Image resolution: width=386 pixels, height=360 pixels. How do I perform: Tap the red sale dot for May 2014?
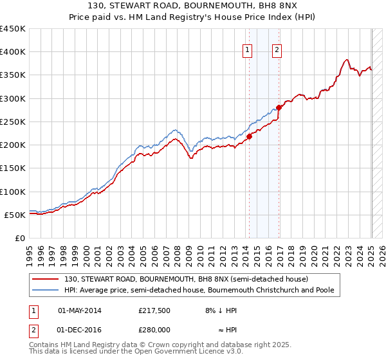coord(249,136)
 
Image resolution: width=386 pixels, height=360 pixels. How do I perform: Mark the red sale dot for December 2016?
coord(279,107)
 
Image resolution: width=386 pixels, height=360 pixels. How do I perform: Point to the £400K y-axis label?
coord(13,52)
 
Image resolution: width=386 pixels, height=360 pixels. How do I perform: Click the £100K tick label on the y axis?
coord(13,192)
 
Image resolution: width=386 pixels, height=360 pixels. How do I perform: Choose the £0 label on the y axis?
coord(19,238)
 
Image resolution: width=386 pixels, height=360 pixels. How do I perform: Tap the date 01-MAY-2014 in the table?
coord(80,310)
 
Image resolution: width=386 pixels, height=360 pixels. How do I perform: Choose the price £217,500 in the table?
coord(154,310)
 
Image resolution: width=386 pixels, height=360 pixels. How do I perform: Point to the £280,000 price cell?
coord(154,330)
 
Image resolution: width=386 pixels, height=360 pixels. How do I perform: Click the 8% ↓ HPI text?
coord(221,310)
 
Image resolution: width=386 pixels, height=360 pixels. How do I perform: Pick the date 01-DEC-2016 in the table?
coord(80,330)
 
